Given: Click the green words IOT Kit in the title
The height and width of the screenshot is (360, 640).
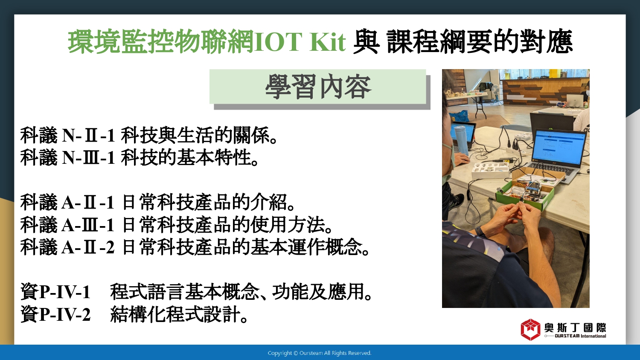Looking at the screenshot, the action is (x=300, y=42).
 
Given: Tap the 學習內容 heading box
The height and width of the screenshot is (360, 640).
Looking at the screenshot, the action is (x=318, y=87).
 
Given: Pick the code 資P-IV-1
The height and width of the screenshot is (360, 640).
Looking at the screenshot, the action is (x=55, y=292).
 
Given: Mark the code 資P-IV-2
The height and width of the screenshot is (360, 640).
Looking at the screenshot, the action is (x=55, y=314).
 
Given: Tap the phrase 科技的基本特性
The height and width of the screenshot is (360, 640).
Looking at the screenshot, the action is (x=186, y=157).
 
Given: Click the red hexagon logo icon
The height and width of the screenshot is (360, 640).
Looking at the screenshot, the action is (x=530, y=330).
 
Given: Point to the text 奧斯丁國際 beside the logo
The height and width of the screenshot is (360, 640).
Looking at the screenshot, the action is (x=575, y=328).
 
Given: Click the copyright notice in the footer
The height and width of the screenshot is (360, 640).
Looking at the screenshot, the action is (x=320, y=353).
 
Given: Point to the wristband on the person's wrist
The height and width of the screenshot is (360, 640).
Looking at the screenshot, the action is (x=480, y=231).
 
